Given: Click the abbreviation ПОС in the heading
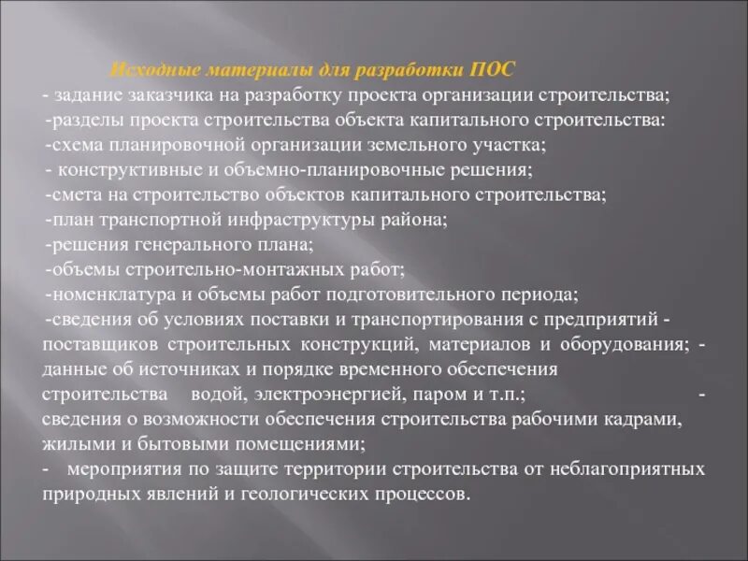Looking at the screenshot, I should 492,71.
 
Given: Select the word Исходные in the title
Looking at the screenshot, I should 146,71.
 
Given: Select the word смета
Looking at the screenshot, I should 73,195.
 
